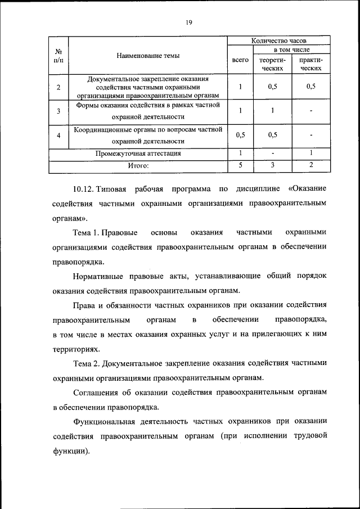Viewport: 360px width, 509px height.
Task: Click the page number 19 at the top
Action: (x=188, y=22)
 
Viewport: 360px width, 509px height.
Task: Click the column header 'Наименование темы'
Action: (x=148, y=55)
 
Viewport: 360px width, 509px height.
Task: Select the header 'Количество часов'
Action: (x=278, y=40)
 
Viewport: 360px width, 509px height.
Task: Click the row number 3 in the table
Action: (x=58, y=111)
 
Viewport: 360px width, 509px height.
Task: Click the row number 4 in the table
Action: (x=58, y=136)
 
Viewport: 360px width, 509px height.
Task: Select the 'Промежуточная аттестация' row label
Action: (x=138, y=153)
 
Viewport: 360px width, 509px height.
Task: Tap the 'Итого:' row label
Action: (x=138, y=165)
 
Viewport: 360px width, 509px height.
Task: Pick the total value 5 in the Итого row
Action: (x=240, y=165)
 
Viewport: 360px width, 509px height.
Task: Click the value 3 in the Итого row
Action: (x=272, y=165)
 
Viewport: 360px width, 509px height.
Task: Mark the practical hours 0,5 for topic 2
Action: (x=311, y=87)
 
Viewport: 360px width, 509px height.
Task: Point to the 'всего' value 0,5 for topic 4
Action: (x=240, y=135)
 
